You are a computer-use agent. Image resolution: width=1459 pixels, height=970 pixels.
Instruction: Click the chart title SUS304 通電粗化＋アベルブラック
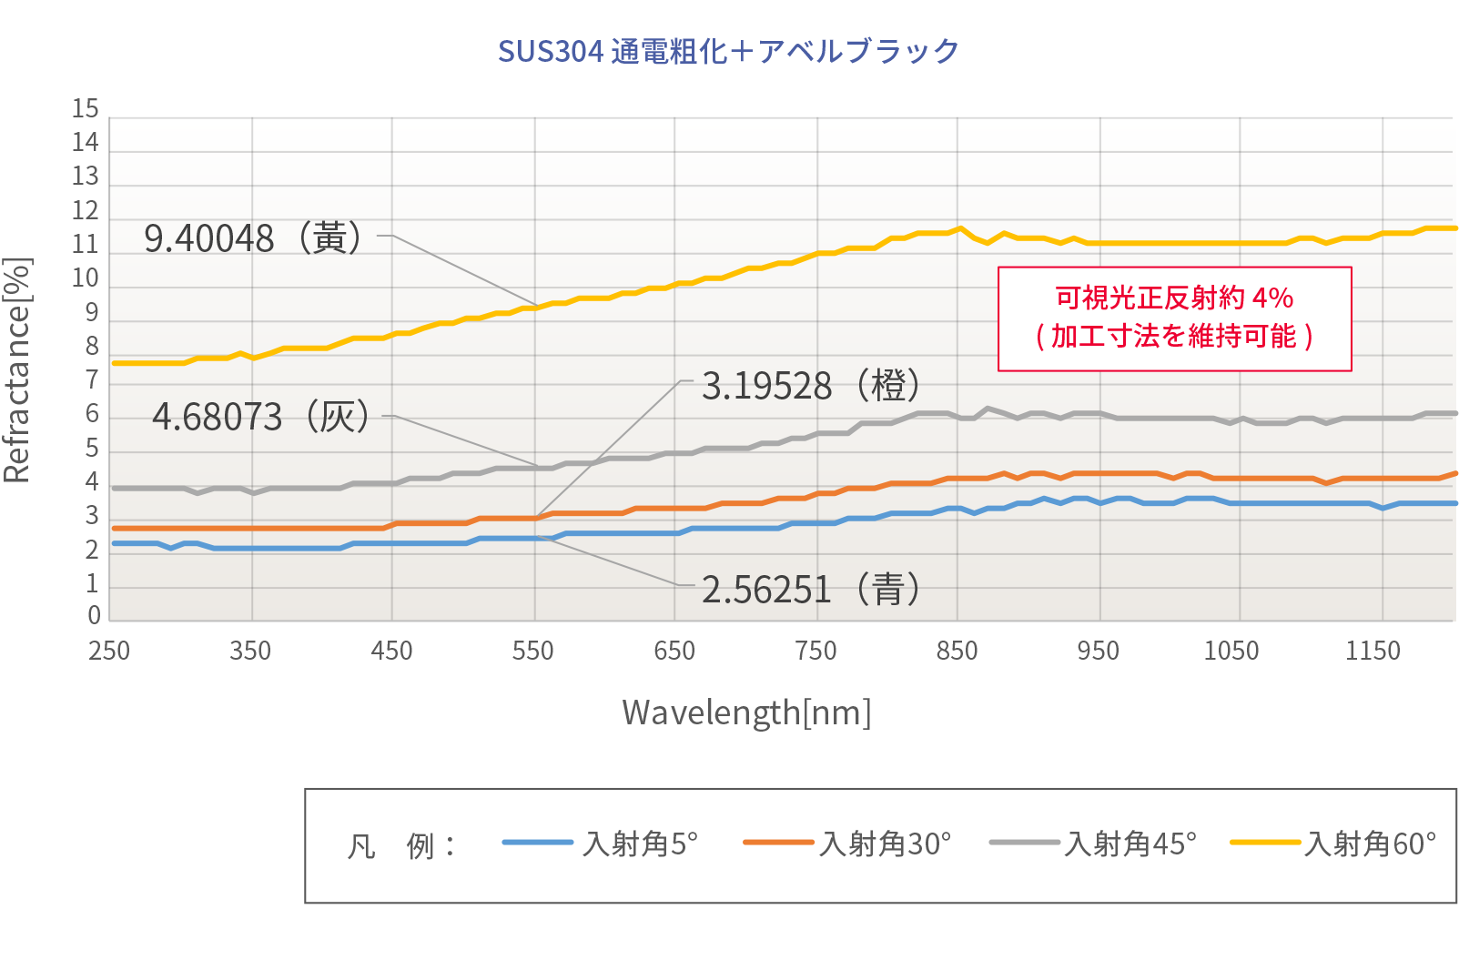coord(728,51)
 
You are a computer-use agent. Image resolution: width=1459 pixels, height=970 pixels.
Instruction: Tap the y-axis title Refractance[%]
coord(18,370)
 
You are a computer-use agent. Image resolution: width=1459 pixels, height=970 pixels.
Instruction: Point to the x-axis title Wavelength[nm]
coord(746,712)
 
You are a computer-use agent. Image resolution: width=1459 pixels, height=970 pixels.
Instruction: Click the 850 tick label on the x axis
coord(957,651)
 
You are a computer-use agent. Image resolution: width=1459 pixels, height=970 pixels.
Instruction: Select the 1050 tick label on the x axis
coord(1231,651)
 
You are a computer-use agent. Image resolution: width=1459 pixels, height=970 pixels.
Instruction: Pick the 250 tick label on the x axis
coord(109,651)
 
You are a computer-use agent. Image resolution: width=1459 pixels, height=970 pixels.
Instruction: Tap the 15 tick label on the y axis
coord(86,109)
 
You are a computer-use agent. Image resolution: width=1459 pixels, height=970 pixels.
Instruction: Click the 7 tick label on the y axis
coord(92,380)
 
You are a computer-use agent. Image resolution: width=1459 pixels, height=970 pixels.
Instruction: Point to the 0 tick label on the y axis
coord(94,616)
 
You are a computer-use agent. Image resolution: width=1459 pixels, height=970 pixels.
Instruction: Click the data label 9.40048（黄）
coord(254,238)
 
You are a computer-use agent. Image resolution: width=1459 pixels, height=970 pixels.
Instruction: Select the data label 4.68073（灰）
coord(261,417)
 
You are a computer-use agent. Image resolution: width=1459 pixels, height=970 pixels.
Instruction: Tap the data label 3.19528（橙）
coord(811,386)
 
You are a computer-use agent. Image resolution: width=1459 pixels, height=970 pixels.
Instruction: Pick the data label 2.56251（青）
coord(811,590)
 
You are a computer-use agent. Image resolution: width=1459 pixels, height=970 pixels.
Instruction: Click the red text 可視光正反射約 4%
coord(1174,298)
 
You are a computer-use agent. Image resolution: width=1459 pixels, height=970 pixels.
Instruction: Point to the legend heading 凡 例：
coord(401,846)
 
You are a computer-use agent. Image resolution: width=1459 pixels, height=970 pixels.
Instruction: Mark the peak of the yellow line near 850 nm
coord(960,228)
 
